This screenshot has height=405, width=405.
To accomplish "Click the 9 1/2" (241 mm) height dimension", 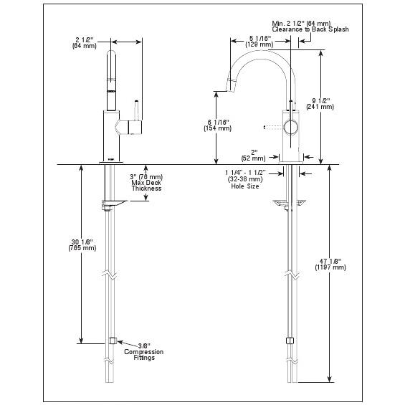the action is click(320, 103).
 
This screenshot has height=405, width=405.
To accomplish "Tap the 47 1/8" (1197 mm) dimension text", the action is click(330, 265).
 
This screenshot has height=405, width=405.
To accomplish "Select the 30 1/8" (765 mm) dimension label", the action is click(82, 245).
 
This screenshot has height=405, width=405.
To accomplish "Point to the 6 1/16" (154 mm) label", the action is click(218, 125).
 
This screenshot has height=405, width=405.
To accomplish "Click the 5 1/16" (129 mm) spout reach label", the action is click(259, 42).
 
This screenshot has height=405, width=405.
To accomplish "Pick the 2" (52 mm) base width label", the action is click(253, 156).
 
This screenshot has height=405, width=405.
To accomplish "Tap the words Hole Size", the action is click(245, 186).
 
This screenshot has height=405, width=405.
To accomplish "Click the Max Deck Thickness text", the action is click(146, 186).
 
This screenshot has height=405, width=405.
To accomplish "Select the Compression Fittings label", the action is click(144, 355).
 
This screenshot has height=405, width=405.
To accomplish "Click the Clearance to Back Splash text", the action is click(310, 29).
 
